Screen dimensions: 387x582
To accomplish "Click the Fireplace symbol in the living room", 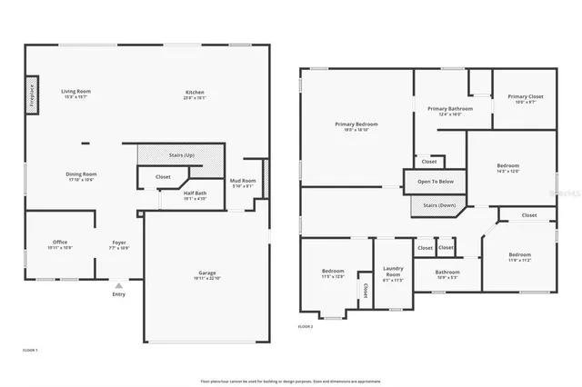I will coord(30,96).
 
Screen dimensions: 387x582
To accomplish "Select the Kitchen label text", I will coord(195,93).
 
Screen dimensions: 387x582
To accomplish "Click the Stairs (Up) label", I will coord(182,155).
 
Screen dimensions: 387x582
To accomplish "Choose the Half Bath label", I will coord(195,193).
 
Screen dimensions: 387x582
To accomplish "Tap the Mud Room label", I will coord(242,183).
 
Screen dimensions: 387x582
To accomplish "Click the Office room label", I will coord(60,243).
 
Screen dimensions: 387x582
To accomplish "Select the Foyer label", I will coord(119,243).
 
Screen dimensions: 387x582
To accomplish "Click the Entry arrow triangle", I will coord(118,285).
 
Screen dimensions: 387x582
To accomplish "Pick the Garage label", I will coord(207,274).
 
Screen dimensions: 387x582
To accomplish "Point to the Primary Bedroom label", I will coord(356,125).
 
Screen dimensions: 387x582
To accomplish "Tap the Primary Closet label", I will coord(525,97).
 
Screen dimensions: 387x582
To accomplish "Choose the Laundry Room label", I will coord(393,270).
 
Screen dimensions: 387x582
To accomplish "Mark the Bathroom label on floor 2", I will coord(447,273).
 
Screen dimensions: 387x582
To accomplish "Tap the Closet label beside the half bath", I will coord(163,177).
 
